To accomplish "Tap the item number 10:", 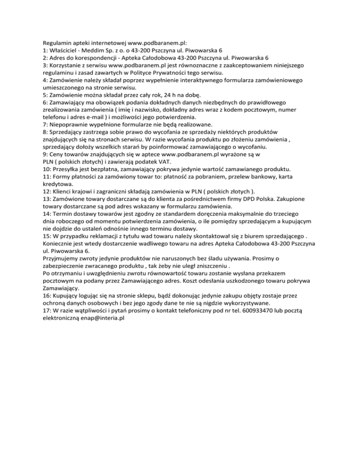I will click(x=48, y=169).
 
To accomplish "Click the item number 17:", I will click(x=48, y=309).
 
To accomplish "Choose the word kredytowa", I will click(x=58, y=184).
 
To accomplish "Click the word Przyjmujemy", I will click(x=62, y=258).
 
